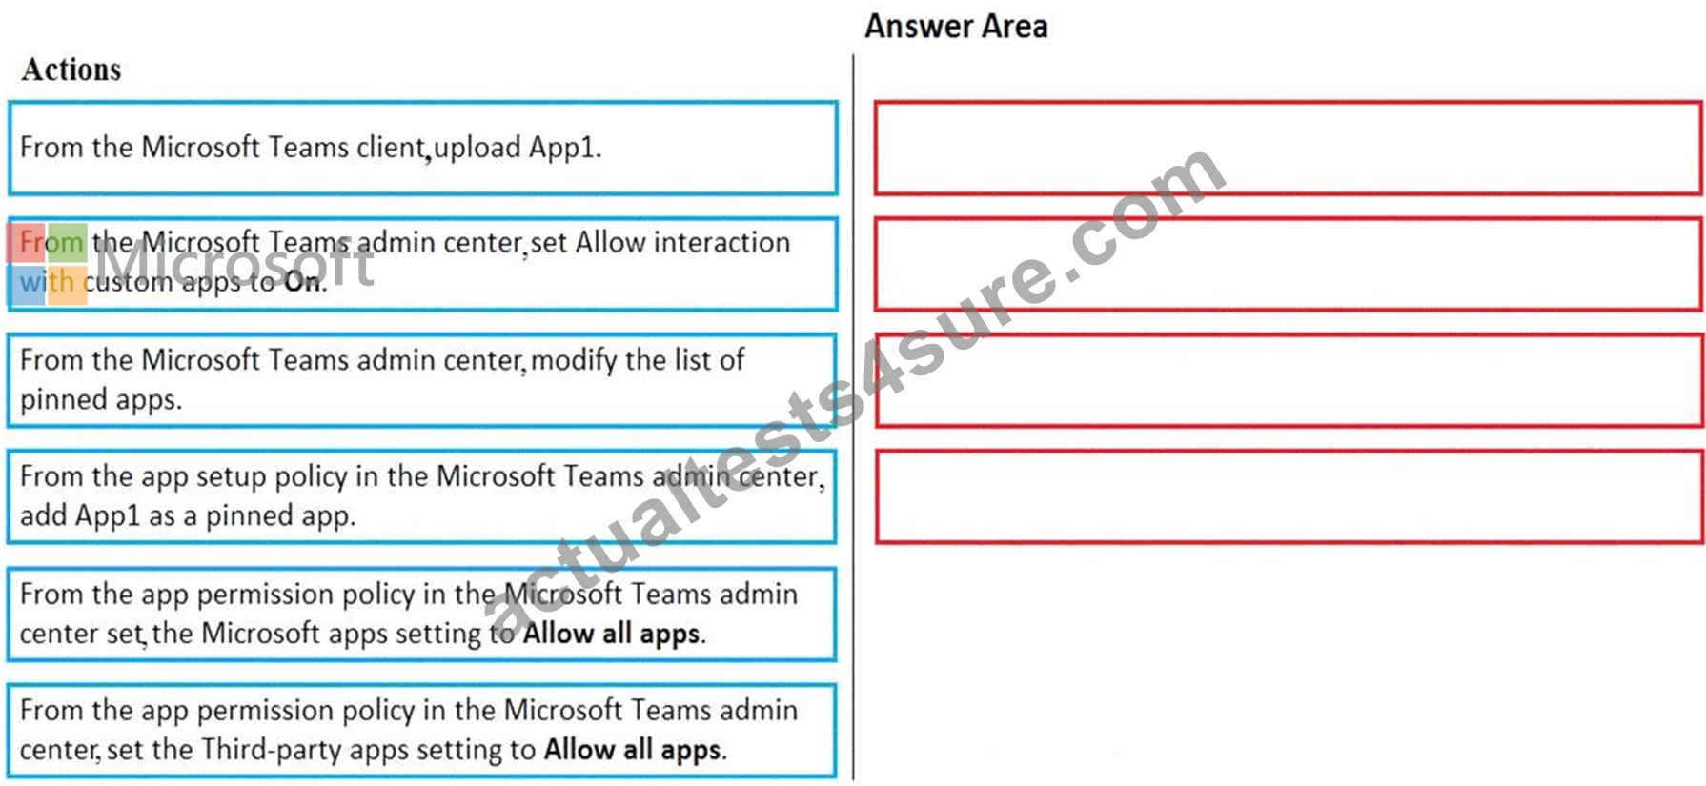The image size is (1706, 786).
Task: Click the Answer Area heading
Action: pyautogui.click(x=956, y=27)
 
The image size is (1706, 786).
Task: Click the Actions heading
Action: pyautogui.click(x=71, y=70)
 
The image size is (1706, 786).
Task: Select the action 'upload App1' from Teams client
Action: pyautogui.click(x=422, y=148)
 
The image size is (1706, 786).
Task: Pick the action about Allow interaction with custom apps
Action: pyautogui.click(x=422, y=264)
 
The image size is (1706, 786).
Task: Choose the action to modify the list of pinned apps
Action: pyautogui.click(x=422, y=380)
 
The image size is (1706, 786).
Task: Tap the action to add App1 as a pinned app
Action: pyautogui.click(x=422, y=496)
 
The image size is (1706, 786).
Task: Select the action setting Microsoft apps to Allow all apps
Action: pyautogui.click(x=422, y=614)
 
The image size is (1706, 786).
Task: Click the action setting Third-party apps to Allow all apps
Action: pyautogui.click(x=422, y=730)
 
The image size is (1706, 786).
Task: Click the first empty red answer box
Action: pyautogui.click(x=1288, y=149)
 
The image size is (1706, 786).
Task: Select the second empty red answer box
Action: pyautogui.click(x=1288, y=264)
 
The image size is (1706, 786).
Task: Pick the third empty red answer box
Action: pyautogui.click(x=1288, y=380)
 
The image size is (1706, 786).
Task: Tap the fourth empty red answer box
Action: pyautogui.click(x=1288, y=496)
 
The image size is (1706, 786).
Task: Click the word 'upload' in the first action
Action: pyautogui.click(x=477, y=148)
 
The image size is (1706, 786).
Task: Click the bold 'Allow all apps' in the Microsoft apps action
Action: pyautogui.click(x=614, y=634)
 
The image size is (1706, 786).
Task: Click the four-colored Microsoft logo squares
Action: pyautogui.click(x=48, y=264)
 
